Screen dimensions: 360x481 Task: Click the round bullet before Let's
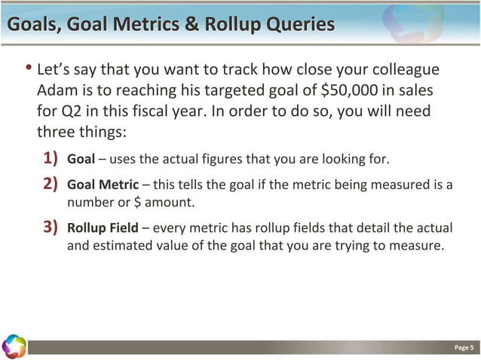click(29, 70)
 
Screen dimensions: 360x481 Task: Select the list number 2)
click(49, 185)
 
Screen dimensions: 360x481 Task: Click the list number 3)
click(49, 228)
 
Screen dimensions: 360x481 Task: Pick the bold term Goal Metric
click(103, 185)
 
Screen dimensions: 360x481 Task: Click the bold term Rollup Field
click(103, 228)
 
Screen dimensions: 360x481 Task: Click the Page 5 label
click(464, 347)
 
